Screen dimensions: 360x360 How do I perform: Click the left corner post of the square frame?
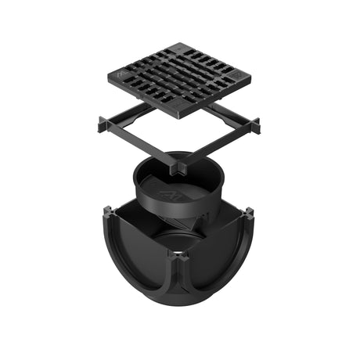coord(103,123)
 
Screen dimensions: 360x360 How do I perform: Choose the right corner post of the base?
coord(248,213)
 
